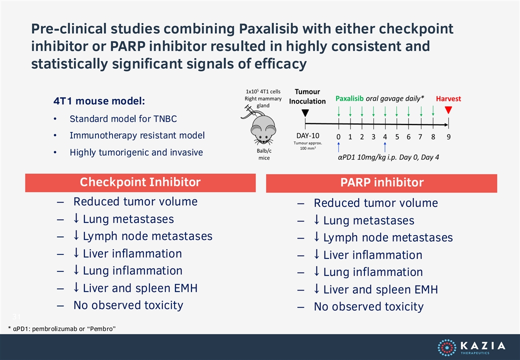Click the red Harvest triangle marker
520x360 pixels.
448,110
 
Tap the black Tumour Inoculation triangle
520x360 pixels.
305,113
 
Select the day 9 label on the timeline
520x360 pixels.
448,137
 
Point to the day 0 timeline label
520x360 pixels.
338,137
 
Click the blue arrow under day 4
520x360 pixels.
385,147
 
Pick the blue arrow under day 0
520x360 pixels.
338,147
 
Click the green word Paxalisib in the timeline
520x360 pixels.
349,98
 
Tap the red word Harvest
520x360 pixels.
448,99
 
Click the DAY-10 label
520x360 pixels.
308,135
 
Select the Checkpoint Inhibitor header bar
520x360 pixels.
140,182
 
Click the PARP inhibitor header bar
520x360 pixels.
381,183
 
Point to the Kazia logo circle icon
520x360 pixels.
447,347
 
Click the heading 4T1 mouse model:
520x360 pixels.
99,101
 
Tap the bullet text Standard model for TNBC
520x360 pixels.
123,118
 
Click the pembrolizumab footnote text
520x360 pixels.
62,329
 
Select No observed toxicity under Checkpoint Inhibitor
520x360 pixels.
128,305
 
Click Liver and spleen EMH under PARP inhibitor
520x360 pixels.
380,289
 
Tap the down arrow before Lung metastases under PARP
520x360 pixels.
316,220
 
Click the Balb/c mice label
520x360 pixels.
264,154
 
